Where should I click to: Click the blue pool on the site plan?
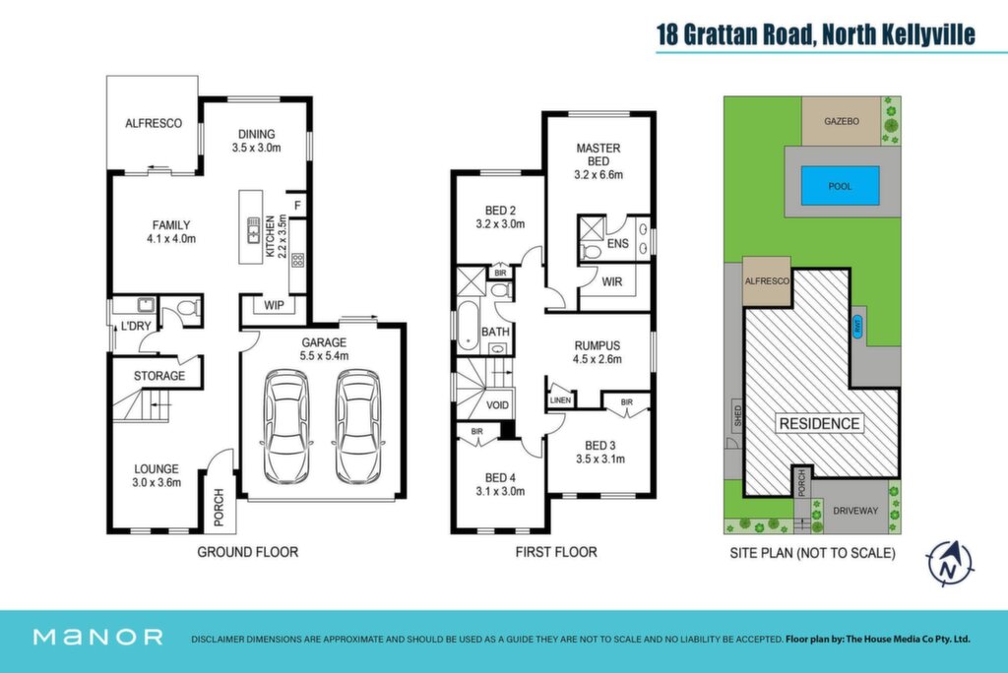coord(841,186)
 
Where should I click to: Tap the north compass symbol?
coord(950,564)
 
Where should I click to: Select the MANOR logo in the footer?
coord(97,637)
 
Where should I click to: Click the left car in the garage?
coord(286,425)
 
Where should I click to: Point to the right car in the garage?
coord(358,425)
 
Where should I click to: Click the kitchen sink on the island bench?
coord(254,230)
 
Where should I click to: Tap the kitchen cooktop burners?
coord(297,261)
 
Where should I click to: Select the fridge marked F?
coord(297,206)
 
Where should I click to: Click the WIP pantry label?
coord(274,305)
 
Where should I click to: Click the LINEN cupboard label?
coord(560,399)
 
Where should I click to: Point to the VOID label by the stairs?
coord(497,405)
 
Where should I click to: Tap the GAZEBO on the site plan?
coord(842,121)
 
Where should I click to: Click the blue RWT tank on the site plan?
coord(857,326)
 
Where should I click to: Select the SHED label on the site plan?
coord(737,415)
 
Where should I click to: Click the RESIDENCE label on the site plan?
coord(820,424)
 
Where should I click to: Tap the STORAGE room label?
coord(159,376)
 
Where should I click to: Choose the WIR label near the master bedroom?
coord(612,281)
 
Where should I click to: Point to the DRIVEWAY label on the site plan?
coord(855,511)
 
